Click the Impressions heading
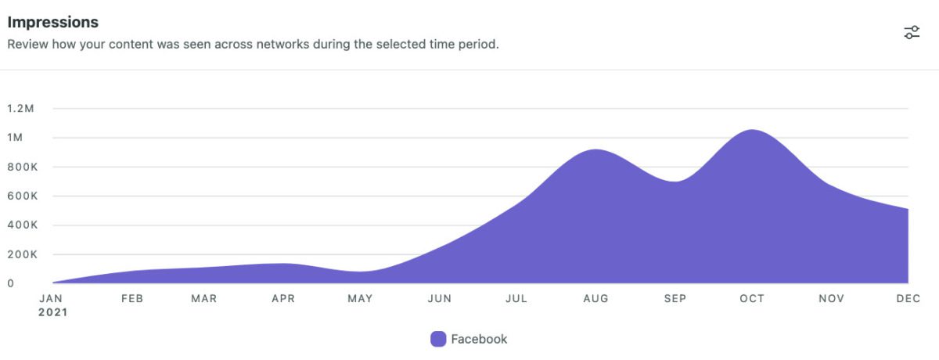52,22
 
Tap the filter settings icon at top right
912,32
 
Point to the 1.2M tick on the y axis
20,109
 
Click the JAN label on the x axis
52,298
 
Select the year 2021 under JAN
53,312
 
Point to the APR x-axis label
283,298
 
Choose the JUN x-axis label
440,298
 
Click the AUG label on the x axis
596,298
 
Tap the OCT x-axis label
753,298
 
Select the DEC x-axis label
908,298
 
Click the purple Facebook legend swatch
438,339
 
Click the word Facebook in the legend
479,339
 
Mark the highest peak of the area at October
752,131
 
